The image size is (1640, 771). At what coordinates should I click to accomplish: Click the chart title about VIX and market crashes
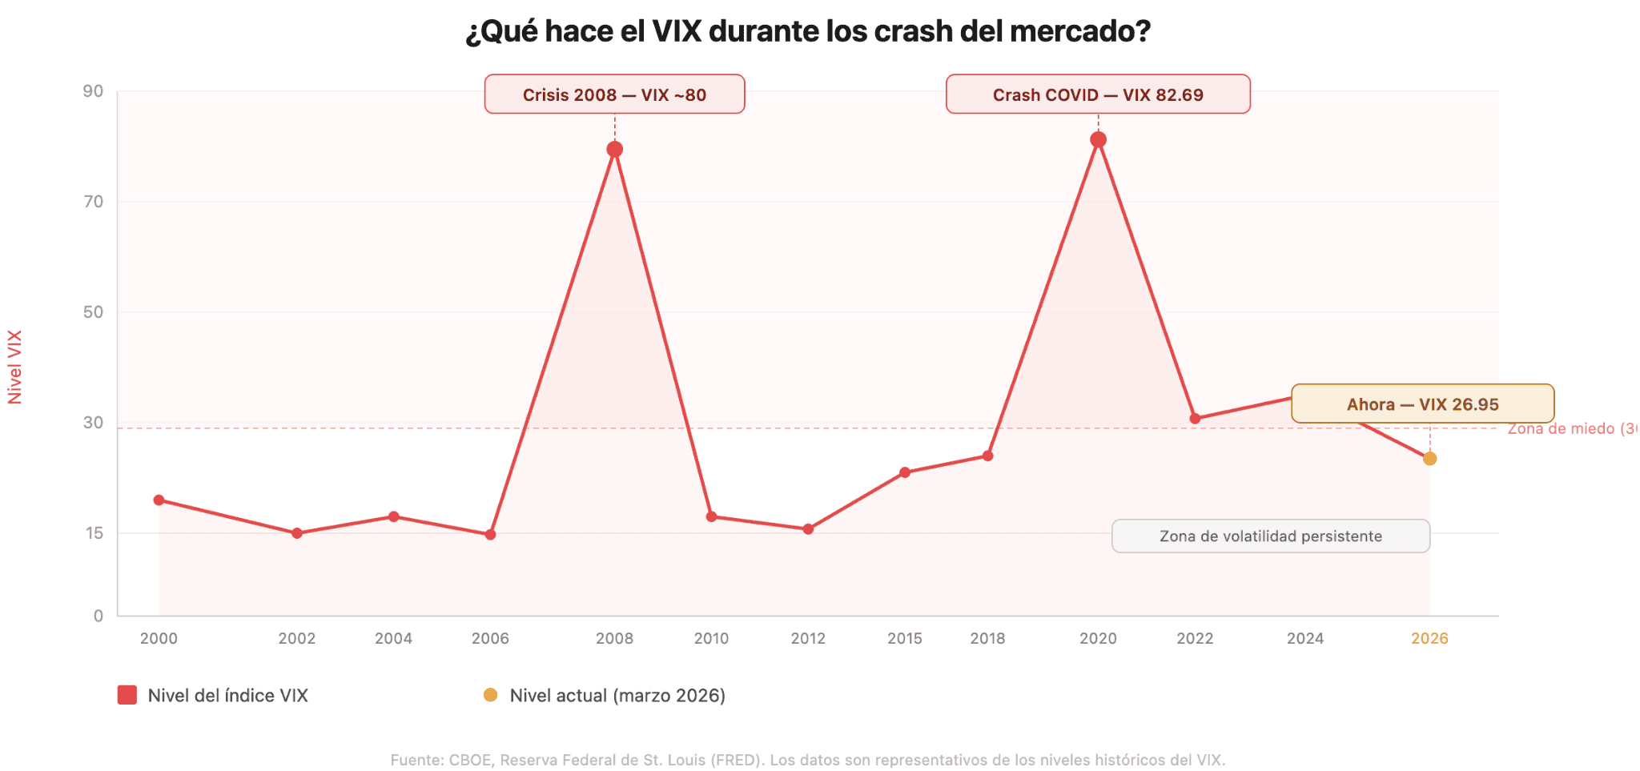(807, 32)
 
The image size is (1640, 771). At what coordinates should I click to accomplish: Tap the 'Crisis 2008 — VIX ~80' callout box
(614, 94)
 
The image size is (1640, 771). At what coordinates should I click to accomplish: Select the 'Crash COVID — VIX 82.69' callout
(1097, 94)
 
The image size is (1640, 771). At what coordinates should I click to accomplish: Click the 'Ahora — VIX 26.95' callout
(1422, 404)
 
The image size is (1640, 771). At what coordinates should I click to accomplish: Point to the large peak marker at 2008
(614, 150)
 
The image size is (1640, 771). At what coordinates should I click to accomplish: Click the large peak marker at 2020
(1098, 140)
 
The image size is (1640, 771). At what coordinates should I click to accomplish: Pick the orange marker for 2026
(1429, 459)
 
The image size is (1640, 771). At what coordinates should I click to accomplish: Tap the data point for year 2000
(159, 500)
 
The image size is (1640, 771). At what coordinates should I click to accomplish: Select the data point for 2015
(904, 472)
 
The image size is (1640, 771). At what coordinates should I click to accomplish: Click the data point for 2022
(1195, 419)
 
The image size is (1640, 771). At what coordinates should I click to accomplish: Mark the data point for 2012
(808, 529)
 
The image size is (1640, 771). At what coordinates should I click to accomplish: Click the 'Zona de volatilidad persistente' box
(1270, 536)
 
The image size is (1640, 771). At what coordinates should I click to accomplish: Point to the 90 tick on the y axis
(94, 91)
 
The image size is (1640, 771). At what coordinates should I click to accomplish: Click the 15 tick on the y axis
(94, 533)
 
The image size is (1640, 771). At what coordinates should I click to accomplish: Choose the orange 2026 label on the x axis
(1429, 638)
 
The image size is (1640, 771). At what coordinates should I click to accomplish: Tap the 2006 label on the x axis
(490, 638)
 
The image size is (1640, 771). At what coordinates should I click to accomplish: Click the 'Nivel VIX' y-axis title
(14, 367)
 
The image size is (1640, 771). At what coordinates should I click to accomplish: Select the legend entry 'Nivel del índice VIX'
(213, 695)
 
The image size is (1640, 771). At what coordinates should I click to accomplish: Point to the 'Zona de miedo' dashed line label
(1570, 428)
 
